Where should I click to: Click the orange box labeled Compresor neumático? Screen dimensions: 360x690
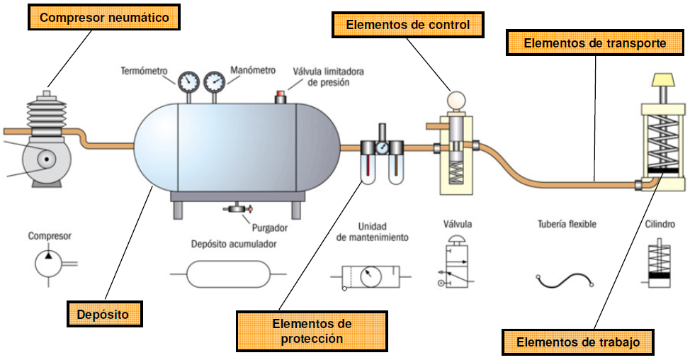point(104,17)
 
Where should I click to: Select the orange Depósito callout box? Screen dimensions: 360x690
point(104,312)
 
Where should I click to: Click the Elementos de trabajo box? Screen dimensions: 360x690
point(578,342)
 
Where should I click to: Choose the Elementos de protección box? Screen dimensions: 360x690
point(312,331)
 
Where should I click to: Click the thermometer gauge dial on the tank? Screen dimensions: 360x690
point(188,82)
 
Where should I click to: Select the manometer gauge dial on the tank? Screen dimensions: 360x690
point(214,82)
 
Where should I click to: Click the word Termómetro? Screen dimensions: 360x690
point(144,71)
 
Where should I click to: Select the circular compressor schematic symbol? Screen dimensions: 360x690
point(49,264)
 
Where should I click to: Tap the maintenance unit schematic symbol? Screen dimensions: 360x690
point(370,275)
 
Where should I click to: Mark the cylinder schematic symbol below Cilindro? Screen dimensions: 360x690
point(660,263)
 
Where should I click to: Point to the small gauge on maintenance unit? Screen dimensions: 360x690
point(381,148)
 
